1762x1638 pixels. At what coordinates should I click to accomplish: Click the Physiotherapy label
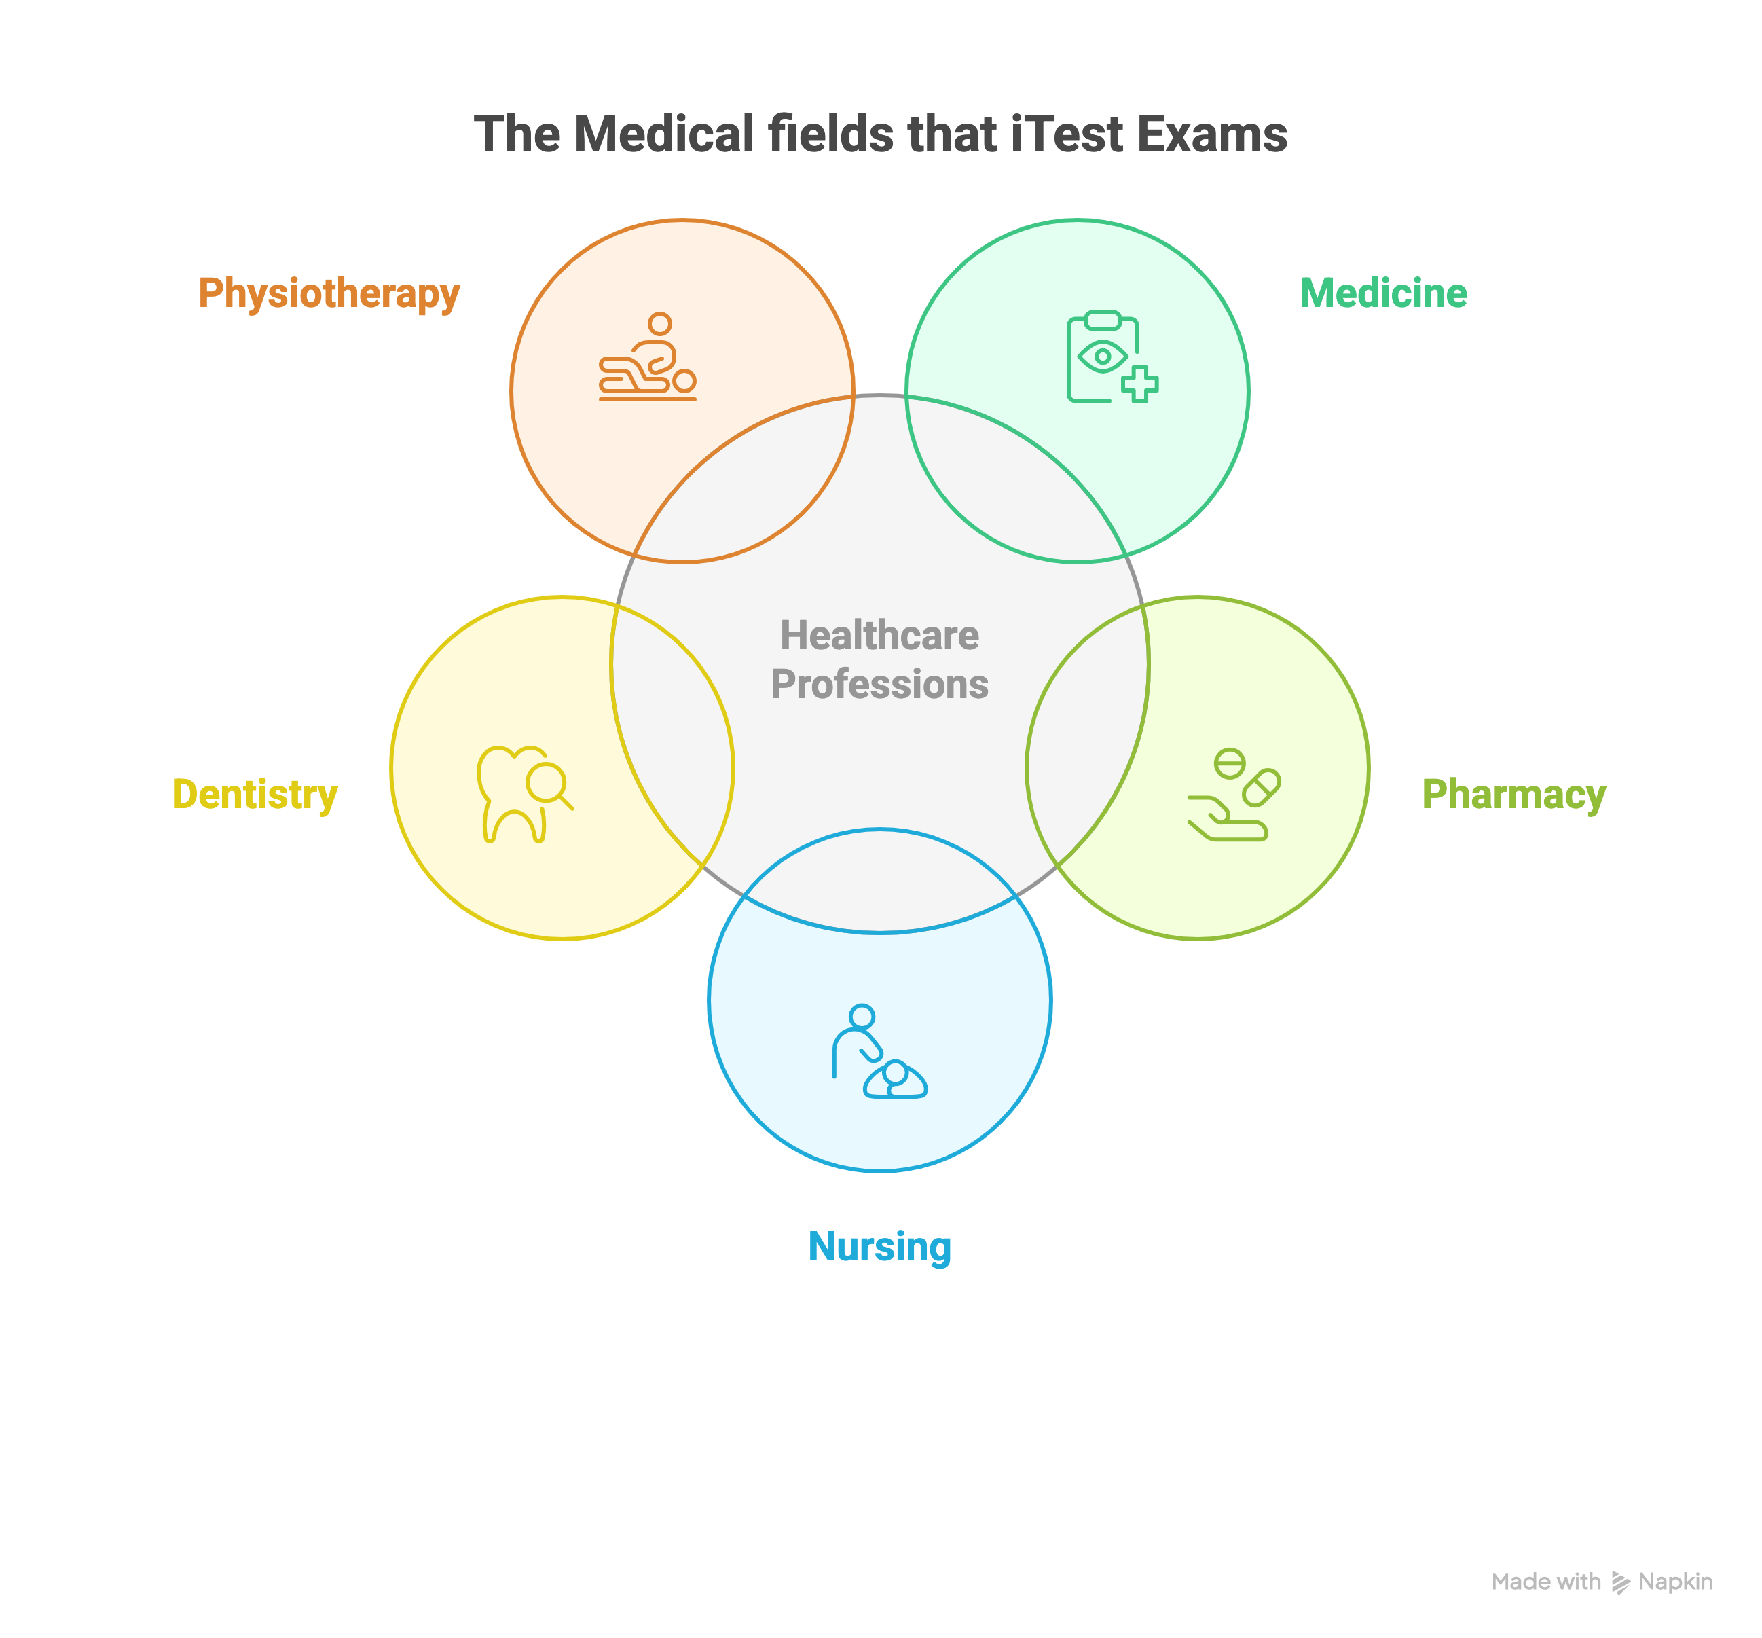[x=329, y=293]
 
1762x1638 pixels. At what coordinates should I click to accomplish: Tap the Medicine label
[x=1382, y=293]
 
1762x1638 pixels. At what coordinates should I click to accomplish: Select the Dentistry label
[x=255, y=794]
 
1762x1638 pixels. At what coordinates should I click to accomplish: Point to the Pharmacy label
[x=1513, y=794]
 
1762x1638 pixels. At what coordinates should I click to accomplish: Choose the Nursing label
[x=879, y=1246]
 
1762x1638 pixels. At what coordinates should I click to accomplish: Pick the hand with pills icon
[x=1234, y=795]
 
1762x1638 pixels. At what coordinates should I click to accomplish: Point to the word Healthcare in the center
[x=879, y=636]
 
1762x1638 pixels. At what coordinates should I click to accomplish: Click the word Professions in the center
[x=879, y=685]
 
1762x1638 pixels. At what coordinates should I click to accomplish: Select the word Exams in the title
[x=1211, y=134]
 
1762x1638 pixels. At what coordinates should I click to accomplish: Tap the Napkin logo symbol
[x=1620, y=1582]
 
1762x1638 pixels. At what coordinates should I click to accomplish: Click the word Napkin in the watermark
[x=1675, y=1582]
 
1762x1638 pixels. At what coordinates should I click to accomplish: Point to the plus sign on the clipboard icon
[x=1140, y=384]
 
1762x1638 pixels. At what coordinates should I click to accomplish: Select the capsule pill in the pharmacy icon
[x=1261, y=787]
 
